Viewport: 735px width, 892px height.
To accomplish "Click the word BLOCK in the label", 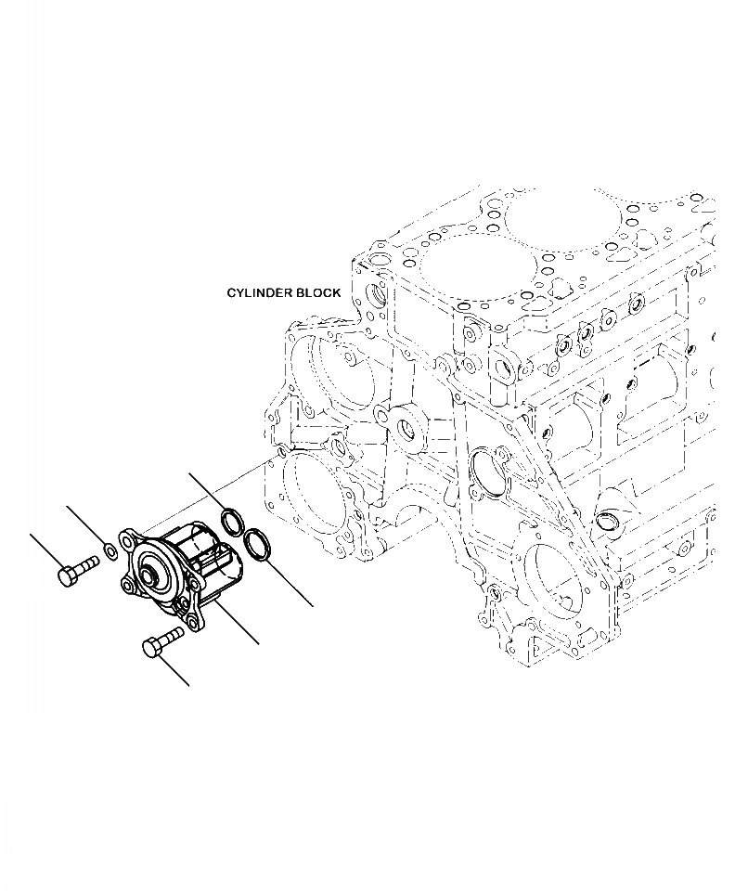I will click(317, 292).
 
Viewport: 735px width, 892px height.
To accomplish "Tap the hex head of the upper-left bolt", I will click(68, 576).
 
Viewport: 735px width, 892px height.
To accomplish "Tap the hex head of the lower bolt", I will click(152, 647).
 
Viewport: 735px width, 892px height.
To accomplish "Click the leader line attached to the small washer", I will click(85, 526).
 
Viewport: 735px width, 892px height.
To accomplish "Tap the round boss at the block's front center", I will click(407, 429).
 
